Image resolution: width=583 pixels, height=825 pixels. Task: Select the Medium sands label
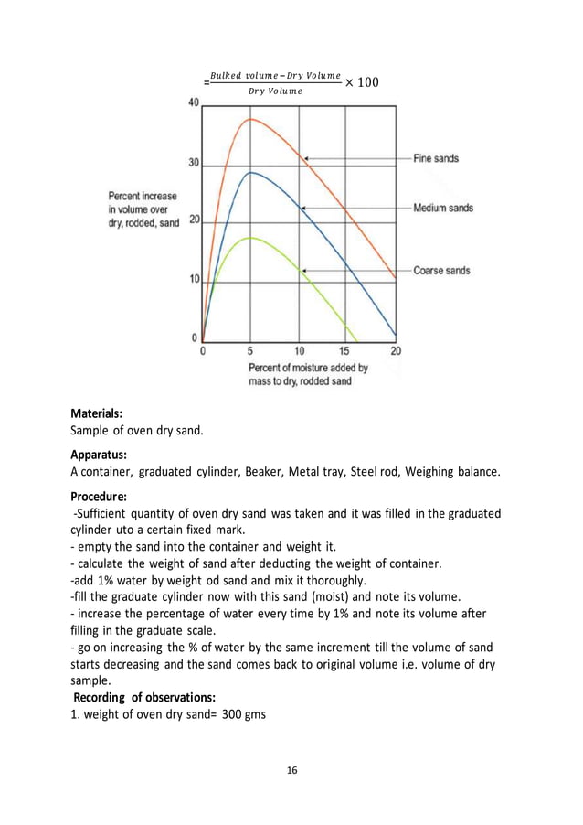(x=443, y=209)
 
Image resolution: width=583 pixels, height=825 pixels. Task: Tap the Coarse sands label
(x=442, y=271)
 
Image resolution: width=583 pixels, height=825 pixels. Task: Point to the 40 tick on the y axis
(x=193, y=103)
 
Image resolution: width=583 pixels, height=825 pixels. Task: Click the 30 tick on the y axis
(x=193, y=164)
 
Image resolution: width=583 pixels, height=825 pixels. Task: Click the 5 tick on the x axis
(x=250, y=350)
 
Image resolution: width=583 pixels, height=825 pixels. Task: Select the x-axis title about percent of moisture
(x=307, y=374)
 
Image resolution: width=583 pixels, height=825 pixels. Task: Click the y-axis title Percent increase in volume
(x=143, y=209)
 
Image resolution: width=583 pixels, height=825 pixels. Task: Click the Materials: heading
(x=97, y=412)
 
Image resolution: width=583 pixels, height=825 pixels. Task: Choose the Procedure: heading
(x=99, y=495)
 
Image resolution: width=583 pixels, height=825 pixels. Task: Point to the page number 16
(x=291, y=771)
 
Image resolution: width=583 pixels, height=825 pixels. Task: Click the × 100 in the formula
(x=362, y=83)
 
